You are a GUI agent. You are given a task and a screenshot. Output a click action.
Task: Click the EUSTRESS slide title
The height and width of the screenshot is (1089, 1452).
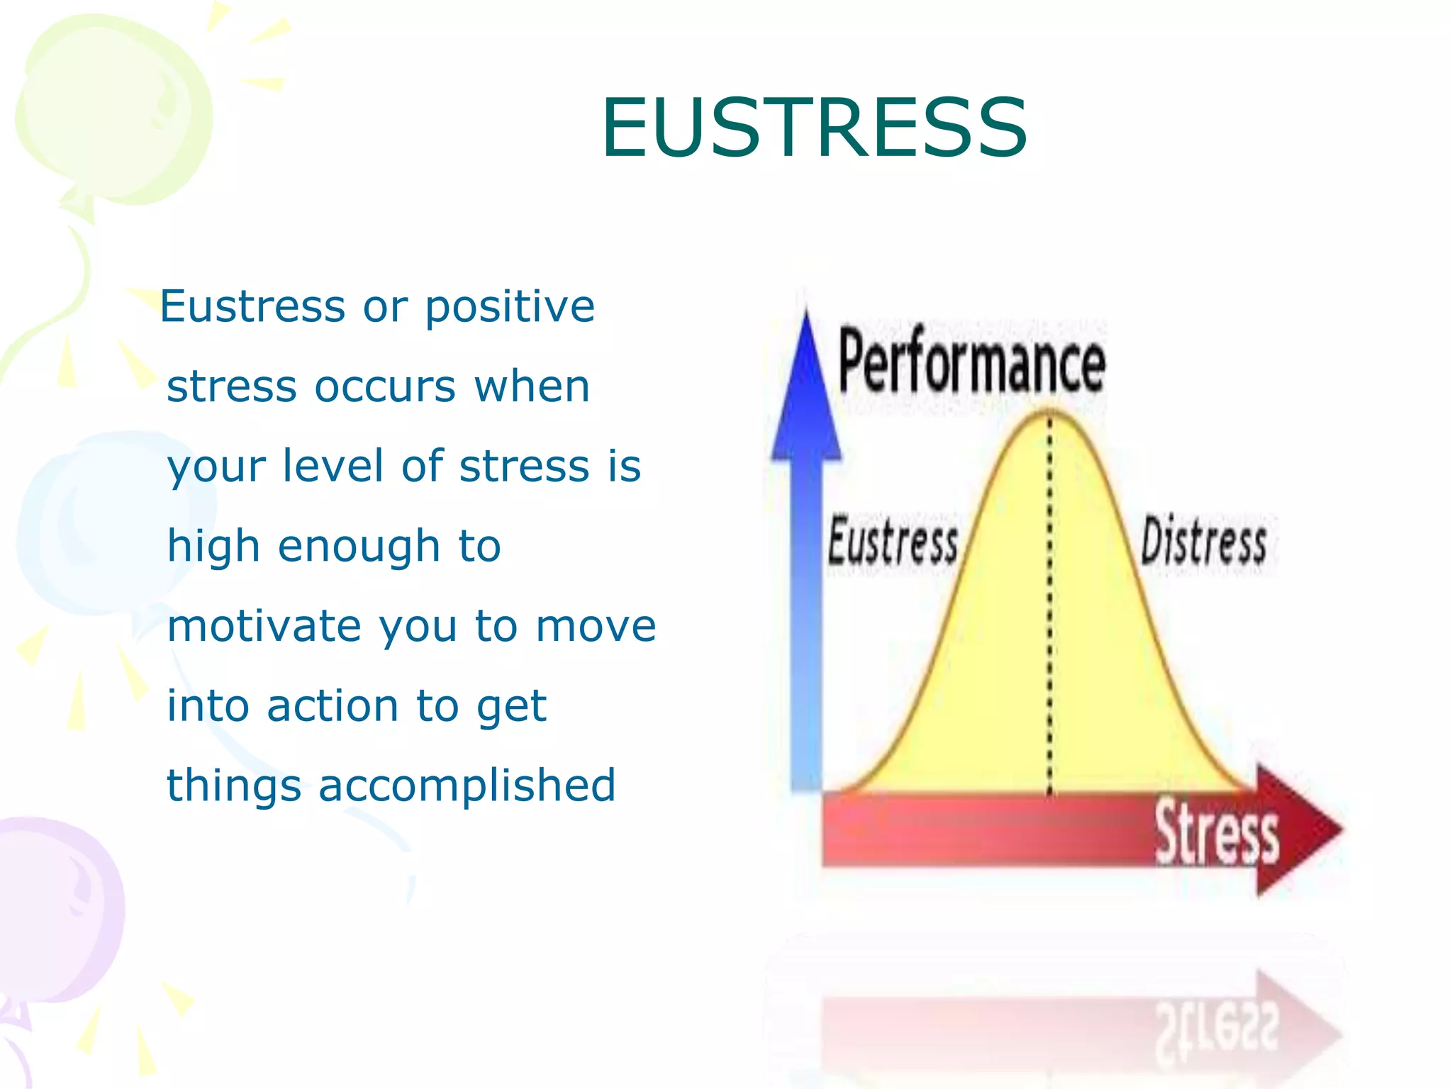point(814,128)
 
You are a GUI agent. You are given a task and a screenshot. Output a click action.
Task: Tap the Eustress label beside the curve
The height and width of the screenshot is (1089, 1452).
point(893,542)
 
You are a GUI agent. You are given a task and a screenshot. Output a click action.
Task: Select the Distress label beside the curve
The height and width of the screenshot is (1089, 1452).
point(1203,542)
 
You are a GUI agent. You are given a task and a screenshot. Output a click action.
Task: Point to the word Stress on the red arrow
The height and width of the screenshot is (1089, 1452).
point(1217,833)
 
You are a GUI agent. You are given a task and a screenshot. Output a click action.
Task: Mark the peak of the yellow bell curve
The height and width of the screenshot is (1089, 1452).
point(1050,413)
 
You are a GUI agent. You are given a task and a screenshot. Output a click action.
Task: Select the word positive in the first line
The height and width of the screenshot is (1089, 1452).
point(510,306)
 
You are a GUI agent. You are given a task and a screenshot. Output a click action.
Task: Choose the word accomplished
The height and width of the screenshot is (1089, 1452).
point(467,786)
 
